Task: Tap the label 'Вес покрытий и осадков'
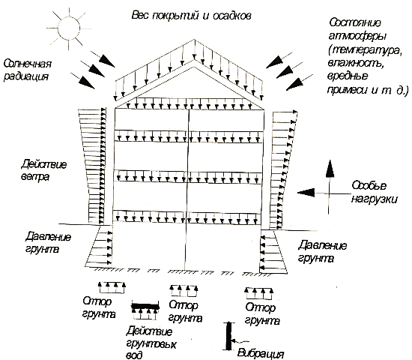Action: (x=191, y=16)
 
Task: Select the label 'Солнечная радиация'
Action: (x=27, y=70)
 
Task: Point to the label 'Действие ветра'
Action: (x=43, y=170)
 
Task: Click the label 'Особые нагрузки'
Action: (x=374, y=192)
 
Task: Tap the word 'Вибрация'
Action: (x=261, y=353)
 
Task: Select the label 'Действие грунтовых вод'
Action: (x=151, y=343)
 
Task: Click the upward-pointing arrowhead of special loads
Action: (x=330, y=169)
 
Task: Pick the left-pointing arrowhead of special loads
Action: (x=306, y=193)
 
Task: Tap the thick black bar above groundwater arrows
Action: (x=145, y=306)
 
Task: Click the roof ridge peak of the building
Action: (x=195, y=40)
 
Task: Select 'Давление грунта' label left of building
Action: (x=48, y=242)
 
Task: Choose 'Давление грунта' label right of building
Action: (x=322, y=251)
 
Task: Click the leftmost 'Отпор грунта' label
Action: (x=99, y=307)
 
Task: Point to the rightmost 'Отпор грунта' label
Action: (x=261, y=314)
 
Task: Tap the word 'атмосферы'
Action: (x=357, y=36)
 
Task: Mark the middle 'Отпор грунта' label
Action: (x=185, y=312)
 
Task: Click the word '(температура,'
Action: (x=366, y=50)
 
